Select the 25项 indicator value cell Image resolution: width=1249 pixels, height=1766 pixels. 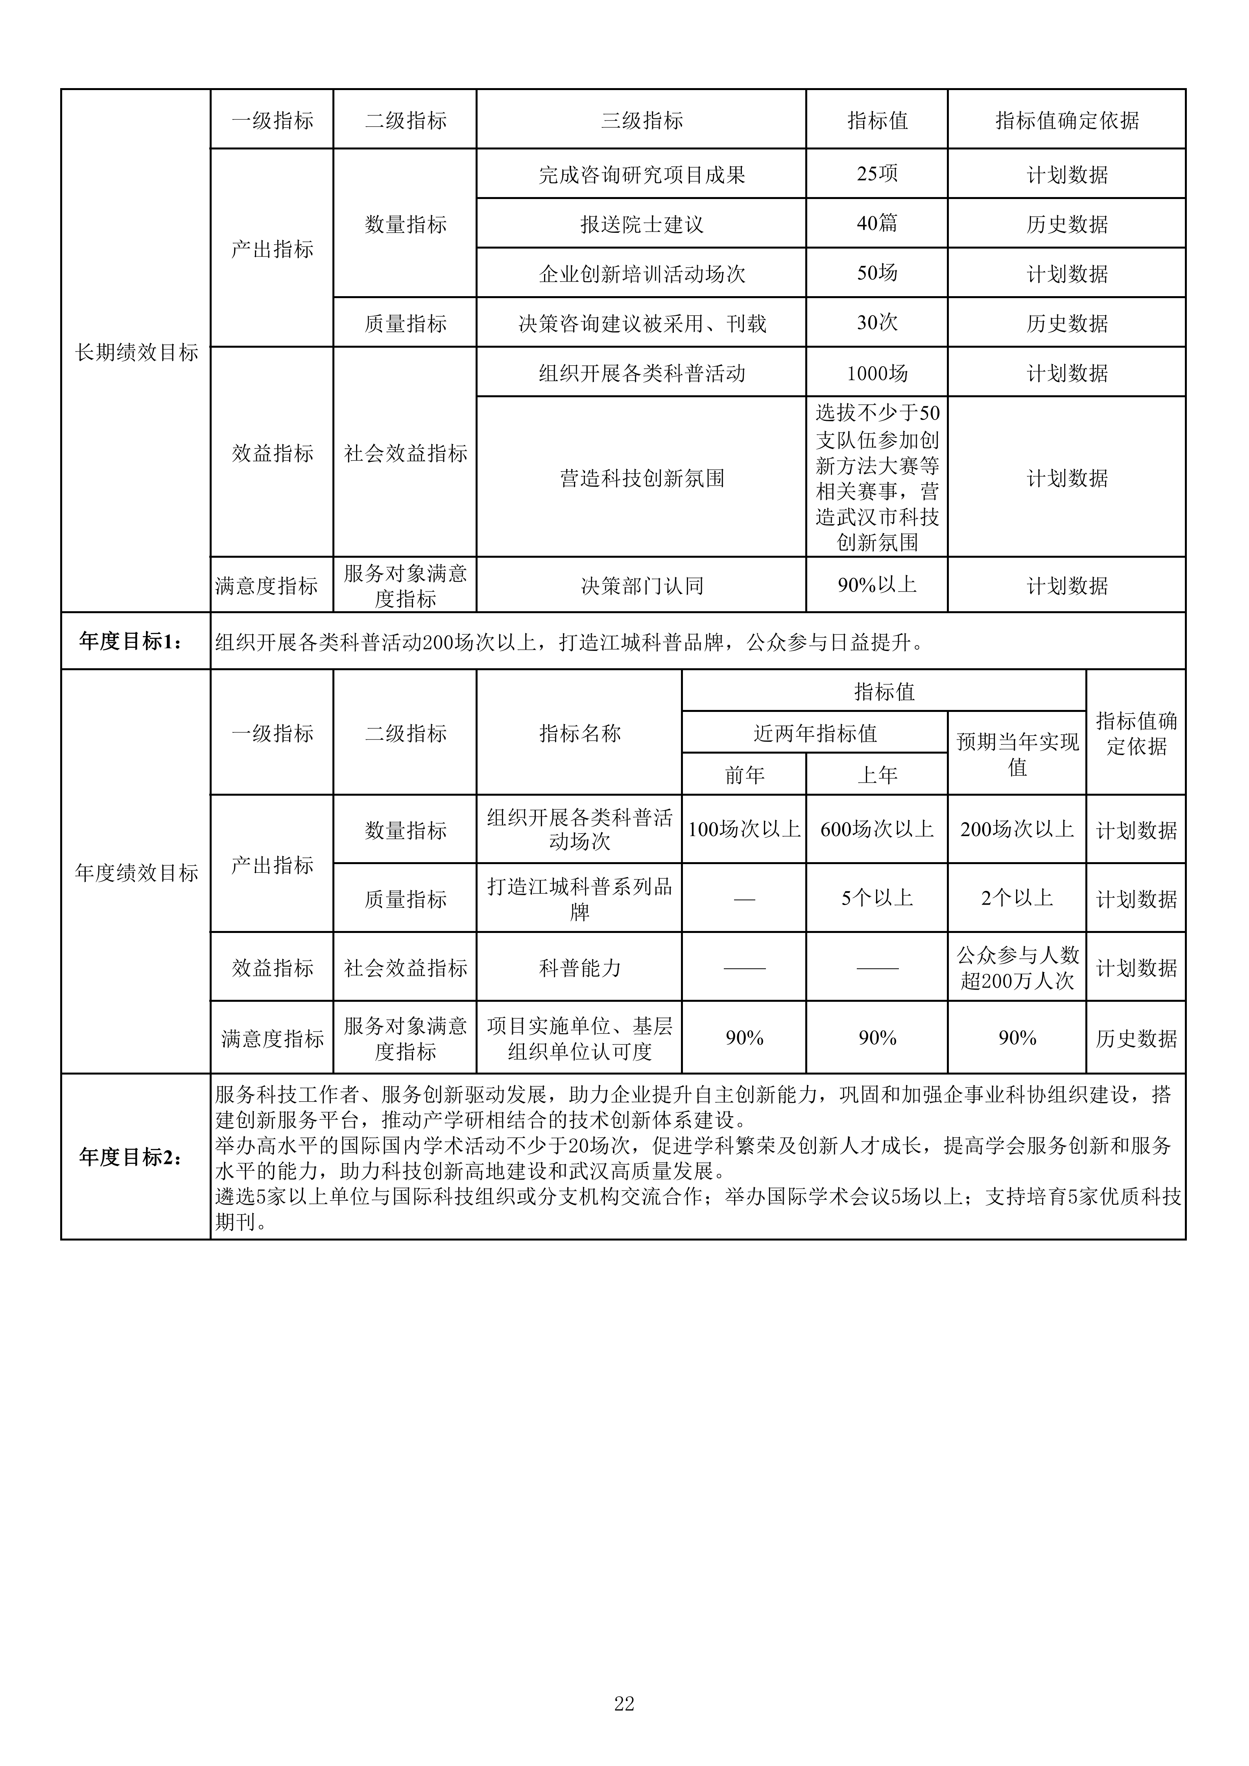tap(877, 174)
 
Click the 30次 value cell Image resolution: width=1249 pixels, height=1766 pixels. tap(877, 322)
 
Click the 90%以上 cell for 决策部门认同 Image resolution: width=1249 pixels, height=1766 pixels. tap(877, 585)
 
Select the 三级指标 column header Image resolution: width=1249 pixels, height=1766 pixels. tap(642, 120)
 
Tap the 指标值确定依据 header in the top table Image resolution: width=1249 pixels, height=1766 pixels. tap(1067, 120)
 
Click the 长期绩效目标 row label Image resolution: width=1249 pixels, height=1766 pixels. tap(136, 352)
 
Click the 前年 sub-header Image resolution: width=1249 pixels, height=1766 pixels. tap(744, 774)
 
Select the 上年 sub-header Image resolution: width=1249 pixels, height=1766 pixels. tap(877, 774)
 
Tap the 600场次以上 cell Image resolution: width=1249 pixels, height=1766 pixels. tap(877, 829)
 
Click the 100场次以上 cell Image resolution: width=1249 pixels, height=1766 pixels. tap(744, 829)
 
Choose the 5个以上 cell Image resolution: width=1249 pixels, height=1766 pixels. tap(877, 898)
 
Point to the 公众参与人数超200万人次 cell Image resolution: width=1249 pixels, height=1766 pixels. tap(1017, 968)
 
